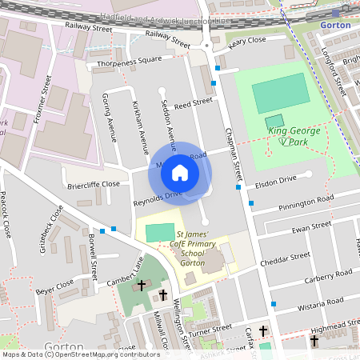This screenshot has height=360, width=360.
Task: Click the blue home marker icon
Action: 180,172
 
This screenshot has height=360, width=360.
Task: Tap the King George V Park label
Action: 294,136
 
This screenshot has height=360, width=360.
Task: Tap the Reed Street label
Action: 193,102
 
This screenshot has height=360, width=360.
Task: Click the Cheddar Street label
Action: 289,258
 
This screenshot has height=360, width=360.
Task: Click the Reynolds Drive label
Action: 158,194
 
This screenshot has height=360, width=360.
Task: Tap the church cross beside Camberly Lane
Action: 142,285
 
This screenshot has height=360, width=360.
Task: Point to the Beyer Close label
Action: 55,285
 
